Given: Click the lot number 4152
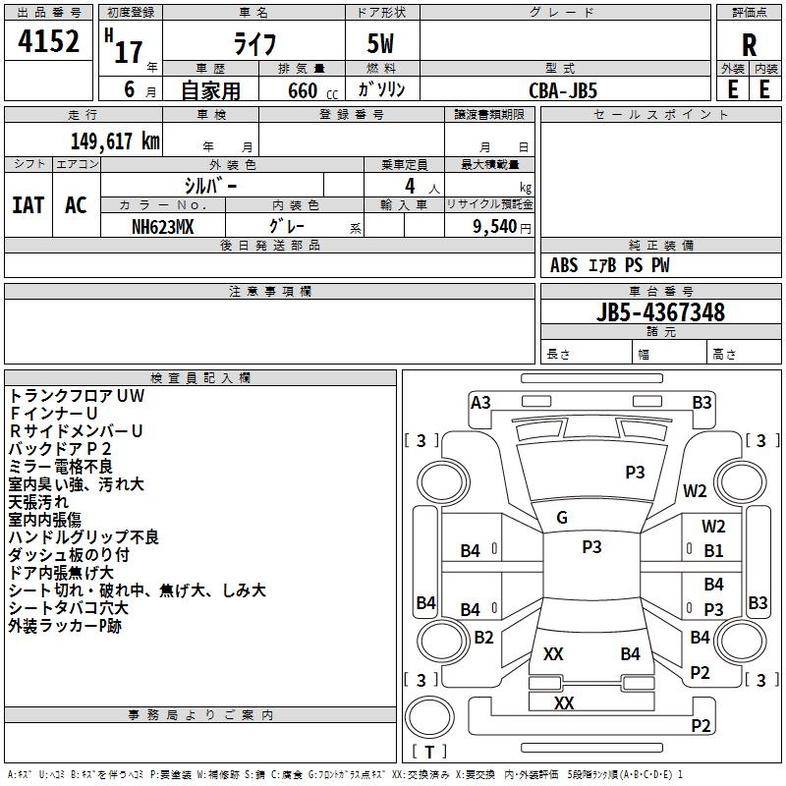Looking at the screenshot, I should [49, 44].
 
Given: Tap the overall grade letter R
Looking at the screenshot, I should [749, 44].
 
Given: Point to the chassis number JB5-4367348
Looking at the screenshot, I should [661, 312].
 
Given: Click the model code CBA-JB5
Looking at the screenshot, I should [563, 89].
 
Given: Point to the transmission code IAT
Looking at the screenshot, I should [28, 205].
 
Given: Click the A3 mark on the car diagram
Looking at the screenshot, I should [480, 402].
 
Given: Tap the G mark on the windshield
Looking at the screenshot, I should [562, 517].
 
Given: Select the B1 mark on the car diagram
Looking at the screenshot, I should [713, 551].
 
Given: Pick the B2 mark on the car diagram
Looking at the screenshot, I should [483, 638].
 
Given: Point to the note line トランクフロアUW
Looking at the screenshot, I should [77, 396].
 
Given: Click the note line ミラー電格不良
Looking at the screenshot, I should [61, 466].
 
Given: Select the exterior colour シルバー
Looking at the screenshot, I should [211, 185].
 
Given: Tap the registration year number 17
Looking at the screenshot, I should [129, 51].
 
